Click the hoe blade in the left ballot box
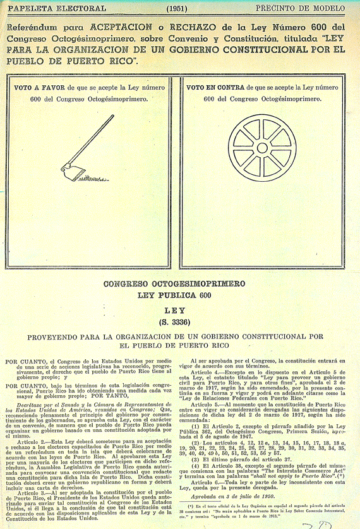pyautogui.click(x=68, y=169)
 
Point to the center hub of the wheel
pyautogui.click(x=262, y=148)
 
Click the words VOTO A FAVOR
pyautogui.click(x=40, y=88)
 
